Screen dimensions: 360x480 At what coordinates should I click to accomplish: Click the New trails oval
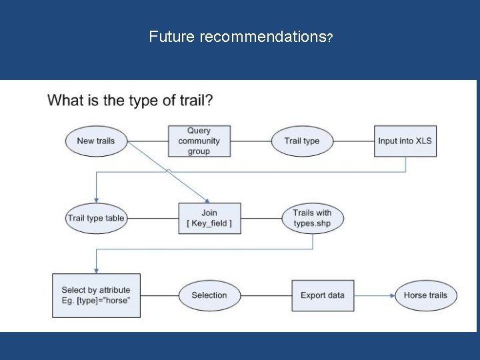(x=95, y=141)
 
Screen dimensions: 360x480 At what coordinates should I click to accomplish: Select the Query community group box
(x=199, y=141)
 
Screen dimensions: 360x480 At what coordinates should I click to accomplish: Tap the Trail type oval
(x=302, y=141)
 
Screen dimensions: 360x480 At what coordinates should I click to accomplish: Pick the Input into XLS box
(x=405, y=141)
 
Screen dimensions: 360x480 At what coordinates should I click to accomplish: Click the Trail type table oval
(x=95, y=218)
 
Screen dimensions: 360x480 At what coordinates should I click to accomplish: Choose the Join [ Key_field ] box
(x=209, y=218)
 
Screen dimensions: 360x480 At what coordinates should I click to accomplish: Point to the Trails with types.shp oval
(x=312, y=218)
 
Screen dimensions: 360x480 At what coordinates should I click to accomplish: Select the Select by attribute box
(x=96, y=295)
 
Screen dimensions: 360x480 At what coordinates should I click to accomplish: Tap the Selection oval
(x=209, y=295)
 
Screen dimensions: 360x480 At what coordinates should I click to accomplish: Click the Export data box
(x=323, y=295)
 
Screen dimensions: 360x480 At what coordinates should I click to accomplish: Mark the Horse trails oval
(x=425, y=295)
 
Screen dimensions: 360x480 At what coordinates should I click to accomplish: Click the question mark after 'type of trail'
(x=209, y=101)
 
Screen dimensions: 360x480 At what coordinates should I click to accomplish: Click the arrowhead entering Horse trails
(x=391, y=295)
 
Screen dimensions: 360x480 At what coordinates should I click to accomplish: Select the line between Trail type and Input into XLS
(x=353, y=141)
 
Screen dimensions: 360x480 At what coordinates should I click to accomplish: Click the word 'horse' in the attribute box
(x=117, y=301)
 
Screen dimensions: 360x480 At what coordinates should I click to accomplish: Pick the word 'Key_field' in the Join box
(x=210, y=224)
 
